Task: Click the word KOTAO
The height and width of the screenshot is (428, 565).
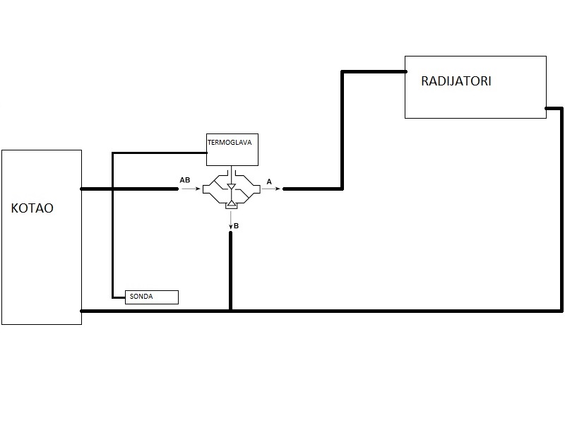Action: [x=33, y=209]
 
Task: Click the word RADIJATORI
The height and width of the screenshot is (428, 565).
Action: [x=456, y=81]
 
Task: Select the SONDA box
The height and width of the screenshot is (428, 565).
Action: [x=152, y=297]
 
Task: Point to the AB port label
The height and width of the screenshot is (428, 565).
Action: [x=185, y=182]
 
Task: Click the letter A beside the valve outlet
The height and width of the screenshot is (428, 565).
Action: [x=269, y=182]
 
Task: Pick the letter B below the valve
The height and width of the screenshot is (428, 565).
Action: [x=237, y=225]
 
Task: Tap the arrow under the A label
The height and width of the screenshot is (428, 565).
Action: [x=273, y=189]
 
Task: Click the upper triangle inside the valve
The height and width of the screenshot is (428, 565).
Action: [x=231, y=186]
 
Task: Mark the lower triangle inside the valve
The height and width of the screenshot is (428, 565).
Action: [x=231, y=204]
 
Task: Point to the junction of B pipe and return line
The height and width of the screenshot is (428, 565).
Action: [x=230, y=311]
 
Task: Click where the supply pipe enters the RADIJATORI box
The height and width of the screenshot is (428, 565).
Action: [x=405, y=71]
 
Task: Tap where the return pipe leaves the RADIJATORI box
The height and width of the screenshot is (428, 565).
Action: [x=546, y=108]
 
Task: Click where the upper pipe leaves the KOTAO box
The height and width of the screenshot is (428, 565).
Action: [x=82, y=189]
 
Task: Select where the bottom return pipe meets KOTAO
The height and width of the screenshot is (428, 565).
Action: [x=82, y=311]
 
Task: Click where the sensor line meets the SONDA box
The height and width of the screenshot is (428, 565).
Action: [x=125, y=297]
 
